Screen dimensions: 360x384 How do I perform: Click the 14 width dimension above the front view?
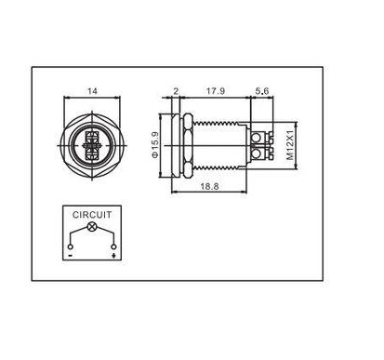(x=91, y=91)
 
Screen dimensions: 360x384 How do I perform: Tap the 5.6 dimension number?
(x=263, y=90)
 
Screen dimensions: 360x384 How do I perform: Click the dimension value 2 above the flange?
(x=175, y=90)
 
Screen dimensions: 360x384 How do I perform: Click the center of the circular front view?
(x=91, y=147)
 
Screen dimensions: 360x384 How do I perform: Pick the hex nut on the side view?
(x=187, y=147)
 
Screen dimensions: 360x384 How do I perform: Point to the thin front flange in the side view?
(x=175, y=147)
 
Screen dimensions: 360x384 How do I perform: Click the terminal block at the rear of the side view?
(x=261, y=147)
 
